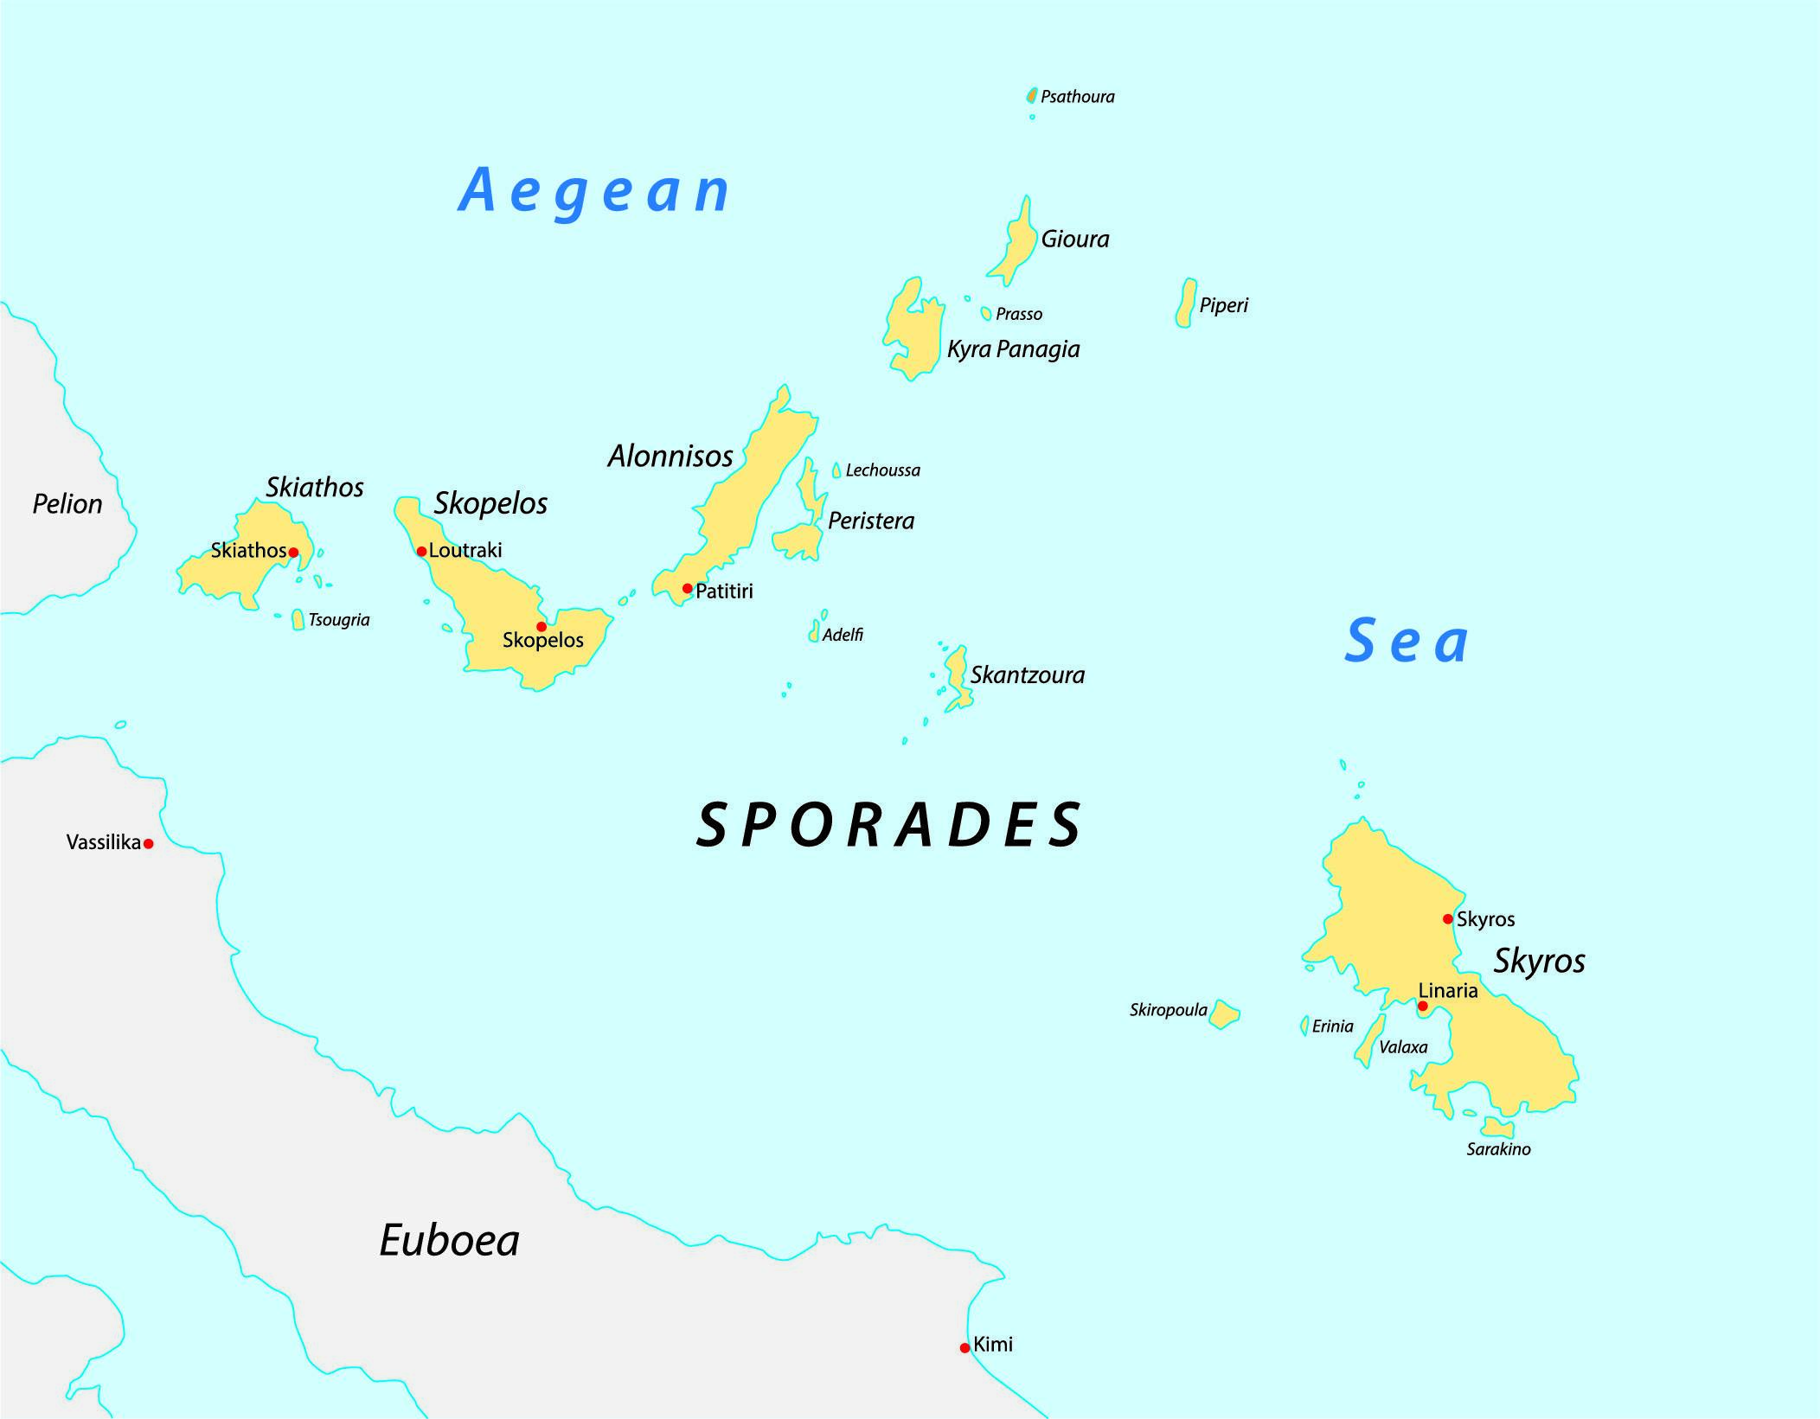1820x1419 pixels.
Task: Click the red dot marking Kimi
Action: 964,1348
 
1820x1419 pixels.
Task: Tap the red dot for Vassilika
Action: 149,844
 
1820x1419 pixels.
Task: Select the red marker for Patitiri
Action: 688,589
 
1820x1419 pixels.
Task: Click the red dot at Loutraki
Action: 421,552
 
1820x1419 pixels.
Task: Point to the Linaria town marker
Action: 1423,1006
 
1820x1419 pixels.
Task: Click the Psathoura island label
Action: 1077,97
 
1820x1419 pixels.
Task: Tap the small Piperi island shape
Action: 1186,304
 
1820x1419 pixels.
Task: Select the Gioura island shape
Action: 1016,242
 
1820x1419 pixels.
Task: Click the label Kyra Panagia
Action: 1013,349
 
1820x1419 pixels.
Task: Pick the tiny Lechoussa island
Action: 836,470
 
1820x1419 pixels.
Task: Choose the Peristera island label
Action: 870,521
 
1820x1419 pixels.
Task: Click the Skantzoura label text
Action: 1027,675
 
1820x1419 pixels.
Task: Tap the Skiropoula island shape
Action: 1224,1013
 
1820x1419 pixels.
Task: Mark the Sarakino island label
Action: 1498,1149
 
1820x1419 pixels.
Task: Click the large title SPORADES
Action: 889,825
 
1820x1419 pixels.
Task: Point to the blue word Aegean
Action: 593,191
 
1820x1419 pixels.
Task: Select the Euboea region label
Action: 449,1241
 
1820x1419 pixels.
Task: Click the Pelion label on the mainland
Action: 67,504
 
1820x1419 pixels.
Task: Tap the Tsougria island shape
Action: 298,620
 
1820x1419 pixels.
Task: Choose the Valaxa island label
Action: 1403,1047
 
